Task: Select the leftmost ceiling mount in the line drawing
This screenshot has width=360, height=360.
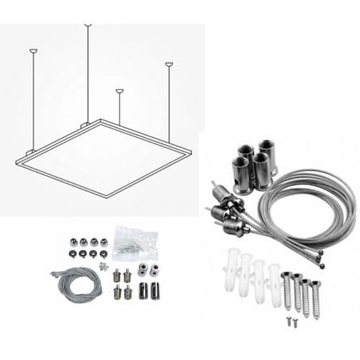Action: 33,52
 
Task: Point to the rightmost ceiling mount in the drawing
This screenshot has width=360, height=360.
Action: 169,65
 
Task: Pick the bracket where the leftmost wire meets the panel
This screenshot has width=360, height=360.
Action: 29,151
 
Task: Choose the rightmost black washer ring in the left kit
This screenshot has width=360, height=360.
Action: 104,255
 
